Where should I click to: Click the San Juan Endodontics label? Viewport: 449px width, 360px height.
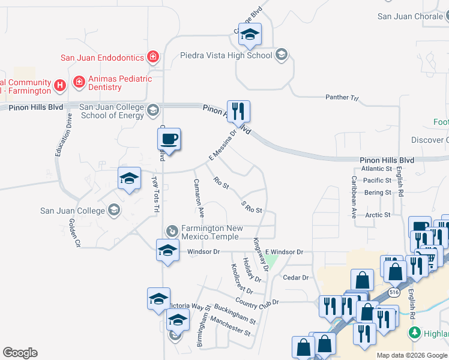click(x=102, y=58)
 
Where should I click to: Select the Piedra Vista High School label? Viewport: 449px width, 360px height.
click(x=226, y=56)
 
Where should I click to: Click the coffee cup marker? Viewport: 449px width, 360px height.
click(x=169, y=139)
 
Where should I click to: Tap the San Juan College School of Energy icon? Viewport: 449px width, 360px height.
click(x=153, y=109)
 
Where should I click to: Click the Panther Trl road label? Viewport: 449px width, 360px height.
click(x=341, y=97)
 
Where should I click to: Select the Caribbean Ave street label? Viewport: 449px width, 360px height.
click(x=354, y=196)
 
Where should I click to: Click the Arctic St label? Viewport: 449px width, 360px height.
click(x=378, y=214)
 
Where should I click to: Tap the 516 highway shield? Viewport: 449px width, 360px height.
click(x=394, y=292)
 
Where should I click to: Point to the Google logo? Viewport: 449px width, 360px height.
click(x=20, y=353)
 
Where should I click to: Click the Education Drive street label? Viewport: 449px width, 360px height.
click(x=59, y=136)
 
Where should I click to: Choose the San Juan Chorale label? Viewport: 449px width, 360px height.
click(x=412, y=16)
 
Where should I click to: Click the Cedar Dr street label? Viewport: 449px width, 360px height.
click(x=295, y=278)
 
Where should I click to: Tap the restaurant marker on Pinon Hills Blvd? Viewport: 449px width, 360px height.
click(x=238, y=111)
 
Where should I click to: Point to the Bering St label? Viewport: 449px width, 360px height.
click(x=378, y=193)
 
